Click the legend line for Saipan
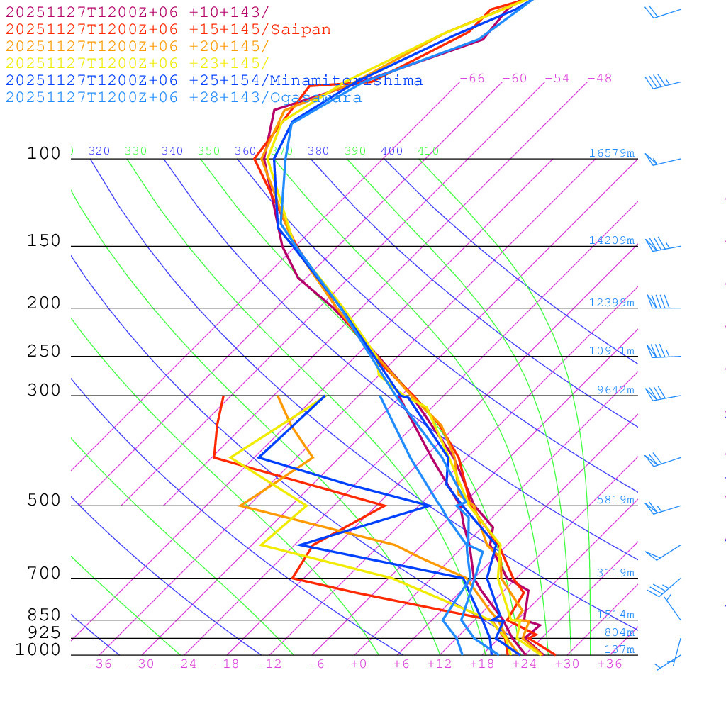(x=168, y=30)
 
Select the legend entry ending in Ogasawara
(x=184, y=98)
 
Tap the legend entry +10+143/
(x=138, y=13)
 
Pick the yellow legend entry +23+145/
(x=138, y=64)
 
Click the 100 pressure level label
(x=44, y=154)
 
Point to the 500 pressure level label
(x=44, y=501)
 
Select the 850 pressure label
(x=44, y=615)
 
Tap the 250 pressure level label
(x=44, y=352)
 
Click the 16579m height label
(x=611, y=153)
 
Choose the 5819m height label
(x=615, y=500)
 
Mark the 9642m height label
(x=615, y=390)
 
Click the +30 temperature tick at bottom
(x=567, y=664)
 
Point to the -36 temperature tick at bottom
(x=99, y=664)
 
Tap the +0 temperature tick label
(x=359, y=664)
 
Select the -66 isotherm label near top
(x=472, y=79)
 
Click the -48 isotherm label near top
(x=600, y=79)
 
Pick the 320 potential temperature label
(x=99, y=151)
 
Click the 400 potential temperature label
(x=391, y=151)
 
